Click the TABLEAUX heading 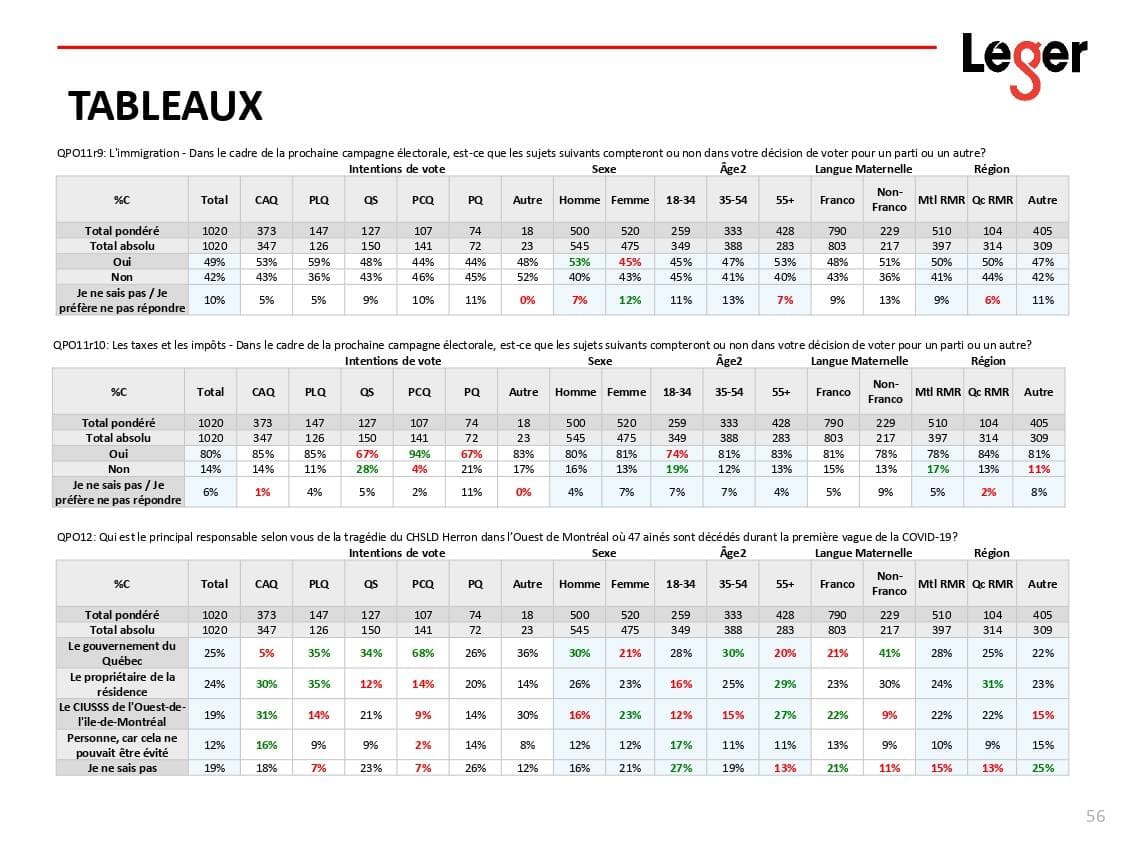tap(165, 105)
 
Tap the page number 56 tap(1095, 816)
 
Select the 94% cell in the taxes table tap(419, 453)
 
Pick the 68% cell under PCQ tap(423, 653)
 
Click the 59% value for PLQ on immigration tap(318, 261)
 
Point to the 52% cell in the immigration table tap(527, 276)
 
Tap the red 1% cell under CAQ tap(262, 491)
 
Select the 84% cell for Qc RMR tap(989, 453)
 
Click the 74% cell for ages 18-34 tap(676, 453)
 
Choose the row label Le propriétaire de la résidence tap(122, 684)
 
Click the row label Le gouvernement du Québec tap(122, 653)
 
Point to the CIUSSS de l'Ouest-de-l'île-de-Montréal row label tap(122, 714)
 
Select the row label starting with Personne tap(122, 745)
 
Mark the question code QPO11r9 tap(80, 153)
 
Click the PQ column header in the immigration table tap(475, 200)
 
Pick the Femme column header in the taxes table tap(627, 392)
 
